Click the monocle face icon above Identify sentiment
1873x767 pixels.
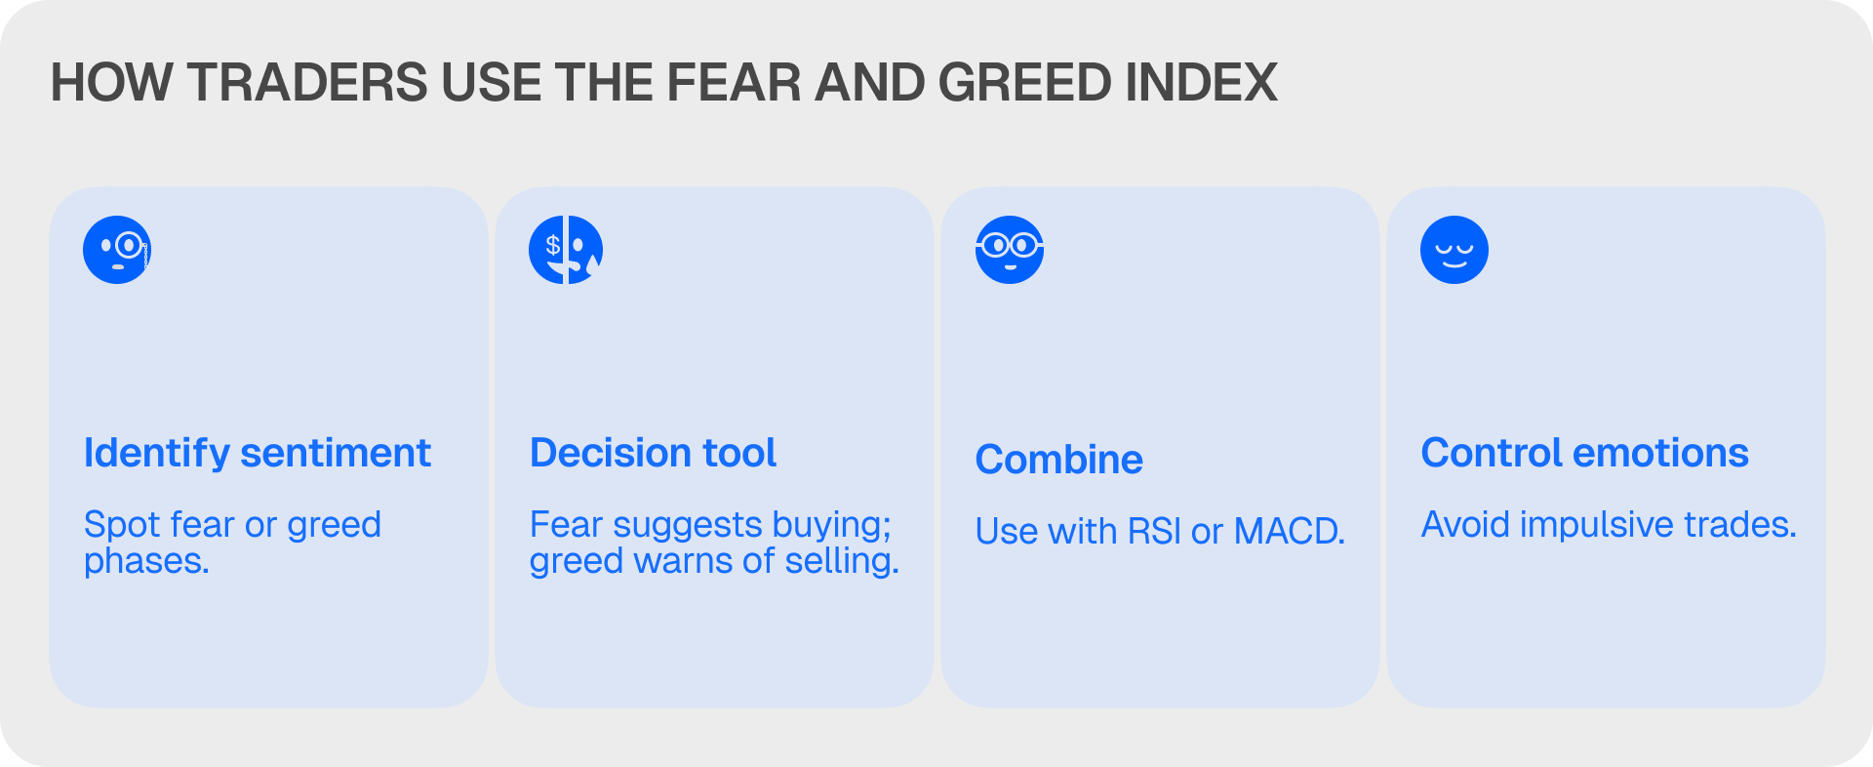[x=117, y=250]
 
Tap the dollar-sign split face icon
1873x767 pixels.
[x=566, y=250]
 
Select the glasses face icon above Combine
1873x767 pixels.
[x=1010, y=250]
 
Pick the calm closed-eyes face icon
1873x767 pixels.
[x=1455, y=250]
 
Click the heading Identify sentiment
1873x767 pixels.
[x=258, y=454]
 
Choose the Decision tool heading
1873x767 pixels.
[x=654, y=453]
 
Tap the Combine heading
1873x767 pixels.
[x=1059, y=460]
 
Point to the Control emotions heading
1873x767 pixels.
[x=1585, y=453]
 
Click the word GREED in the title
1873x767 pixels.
[x=1025, y=82]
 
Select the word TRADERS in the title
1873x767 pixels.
[x=307, y=82]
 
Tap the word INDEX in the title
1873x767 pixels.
[x=1202, y=82]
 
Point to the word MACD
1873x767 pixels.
[x=1290, y=532]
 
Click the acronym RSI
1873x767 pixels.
[x=1154, y=532]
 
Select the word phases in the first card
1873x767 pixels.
[x=146, y=562]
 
